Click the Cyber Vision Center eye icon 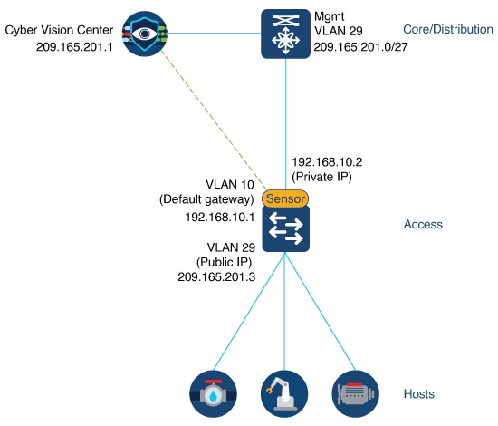click(x=143, y=34)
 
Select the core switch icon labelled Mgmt click(x=285, y=34)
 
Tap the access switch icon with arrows click(x=285, y=228)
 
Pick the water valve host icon click(x=215, y=392)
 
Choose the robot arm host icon click(x=285, y=392)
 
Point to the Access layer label click(x=421, y=224)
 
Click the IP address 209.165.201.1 click(x=72, y=44)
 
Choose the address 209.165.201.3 click(x=214, y=276)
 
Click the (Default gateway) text click(x=207, y=198)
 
